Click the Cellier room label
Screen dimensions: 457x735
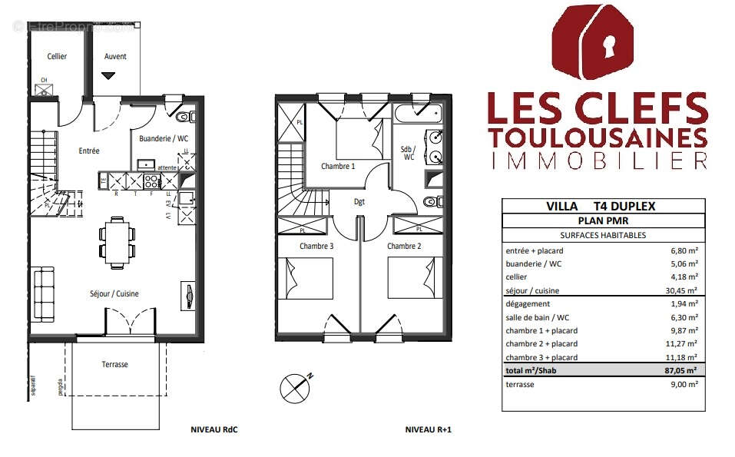pyautogui.click(x=57, y=56)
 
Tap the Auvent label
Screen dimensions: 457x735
pyautogui.click(x=115, y=56)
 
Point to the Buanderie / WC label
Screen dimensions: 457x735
pyautogui.click(x=163, y=139)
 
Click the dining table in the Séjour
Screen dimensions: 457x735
pyautogui.click(x=118, y=240)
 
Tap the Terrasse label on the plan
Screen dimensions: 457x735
pyautogui.click(x=114, y=364)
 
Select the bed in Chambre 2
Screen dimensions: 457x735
pyautogui.click(x=412, y=278)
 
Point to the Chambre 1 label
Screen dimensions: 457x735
pyautogui.click(x=338, y=166)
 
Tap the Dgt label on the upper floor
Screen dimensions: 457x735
pyautogui.click(x=359, y=202)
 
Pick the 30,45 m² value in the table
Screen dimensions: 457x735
pyautogui.click(x=682, y=290)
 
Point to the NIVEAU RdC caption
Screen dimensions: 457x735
pyautogui.click(x=214, y=430)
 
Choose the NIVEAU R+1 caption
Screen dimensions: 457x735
pyautogui.click(x=428, y=430)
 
